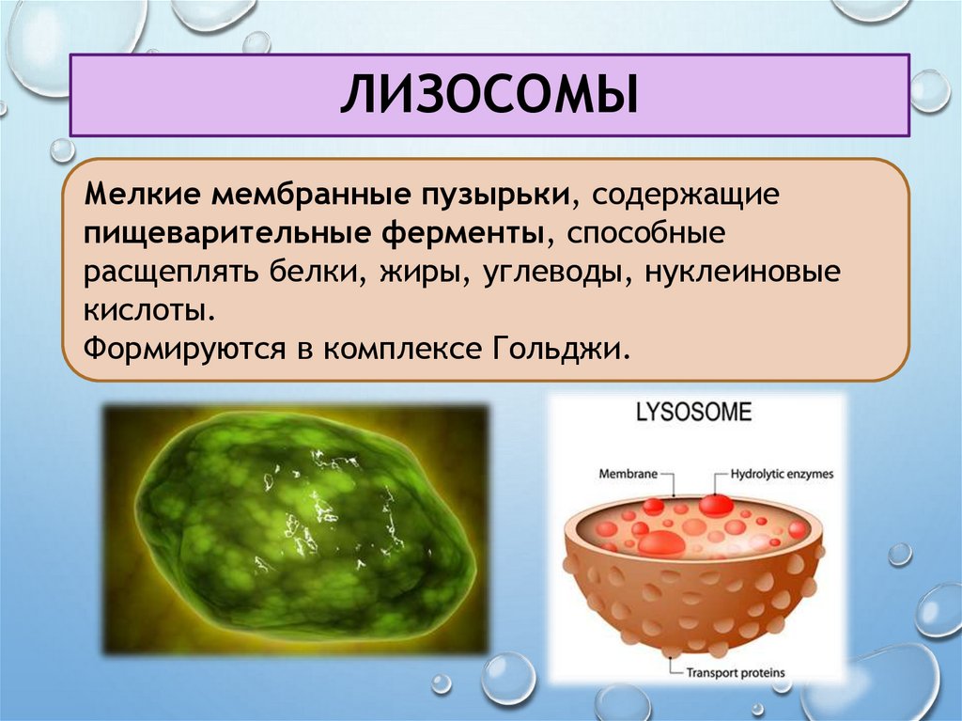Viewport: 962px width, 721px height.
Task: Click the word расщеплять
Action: [x=166, y=272]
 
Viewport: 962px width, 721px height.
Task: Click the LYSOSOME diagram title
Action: [x=695, y=414]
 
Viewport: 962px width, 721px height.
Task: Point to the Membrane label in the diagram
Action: [x=628, y=476]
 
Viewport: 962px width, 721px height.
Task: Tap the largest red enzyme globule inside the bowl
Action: [x=661, y=543]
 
